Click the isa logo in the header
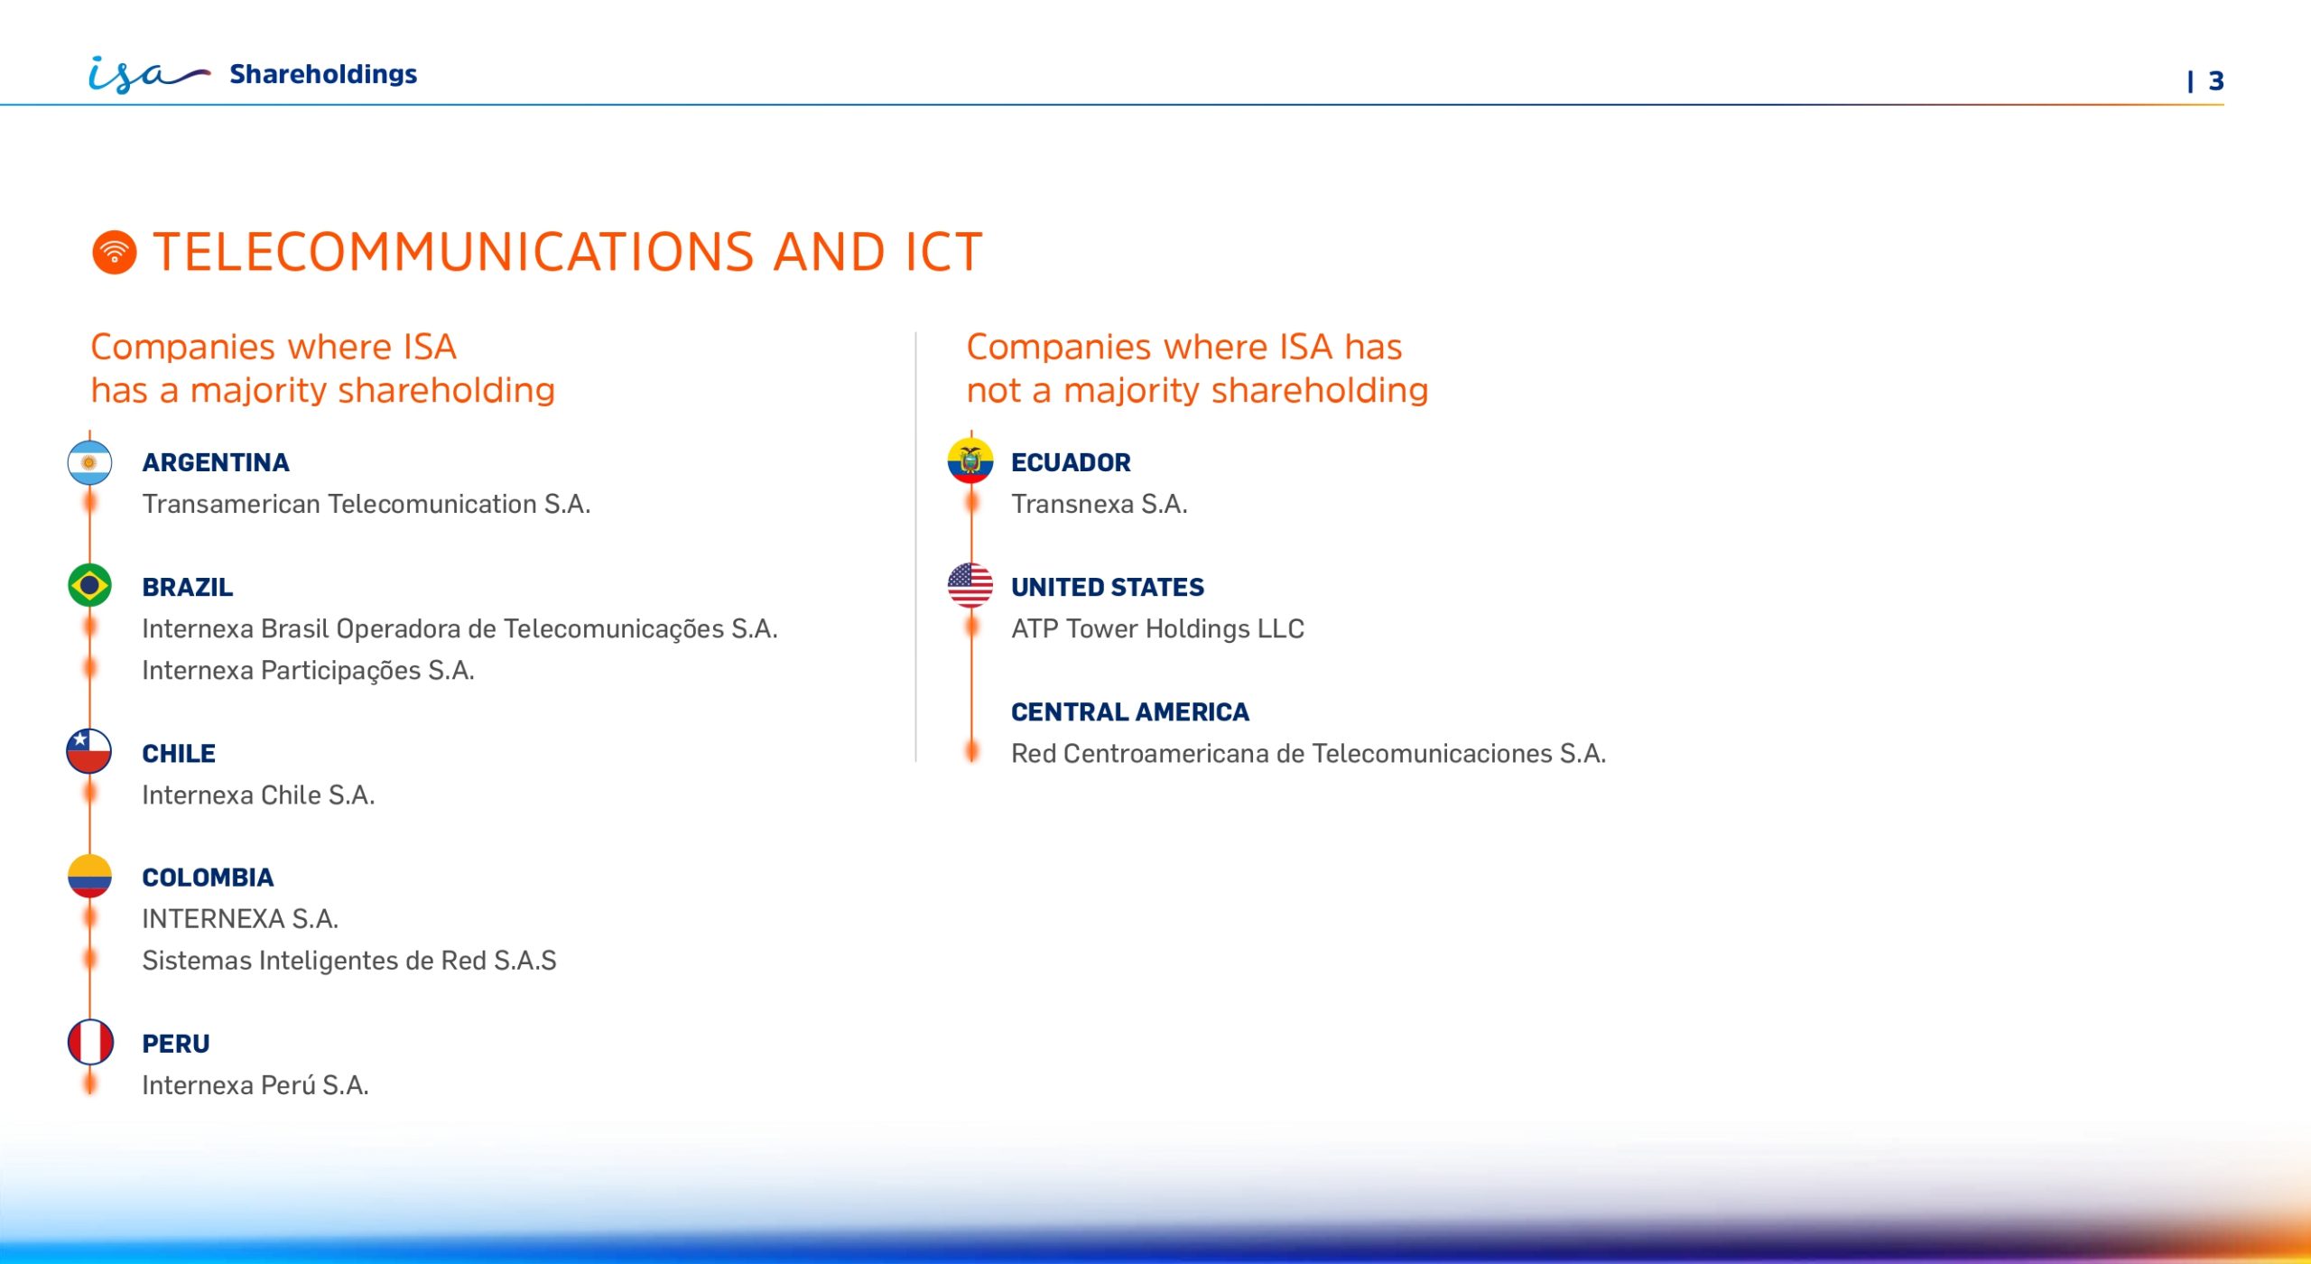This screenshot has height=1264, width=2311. point(149,74)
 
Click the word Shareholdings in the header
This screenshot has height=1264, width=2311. point(323,74)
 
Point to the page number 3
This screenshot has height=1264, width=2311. point(2215,81)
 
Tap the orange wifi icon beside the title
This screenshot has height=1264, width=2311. point(115,252)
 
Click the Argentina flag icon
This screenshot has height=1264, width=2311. point(89,462)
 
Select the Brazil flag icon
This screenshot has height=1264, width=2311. point(89,586)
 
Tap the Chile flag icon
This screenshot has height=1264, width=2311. point(89,751)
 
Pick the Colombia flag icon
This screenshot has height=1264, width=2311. point(89,876)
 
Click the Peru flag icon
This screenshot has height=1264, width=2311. point(90,1042)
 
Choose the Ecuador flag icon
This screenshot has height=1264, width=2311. point(970,460)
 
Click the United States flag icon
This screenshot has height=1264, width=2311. point(970,585)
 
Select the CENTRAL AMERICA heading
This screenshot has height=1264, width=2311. point(1130,712)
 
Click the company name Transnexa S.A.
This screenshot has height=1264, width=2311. point(1100,504)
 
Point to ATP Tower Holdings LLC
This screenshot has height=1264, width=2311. point(1158,628)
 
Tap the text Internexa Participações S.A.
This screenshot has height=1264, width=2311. point(309,671)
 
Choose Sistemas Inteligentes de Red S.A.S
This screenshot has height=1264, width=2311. point(349,961)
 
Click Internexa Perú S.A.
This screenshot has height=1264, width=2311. point(255,1085)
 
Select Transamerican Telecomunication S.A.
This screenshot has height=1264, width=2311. point(367,504)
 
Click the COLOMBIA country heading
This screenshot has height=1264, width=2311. point(208,878)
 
